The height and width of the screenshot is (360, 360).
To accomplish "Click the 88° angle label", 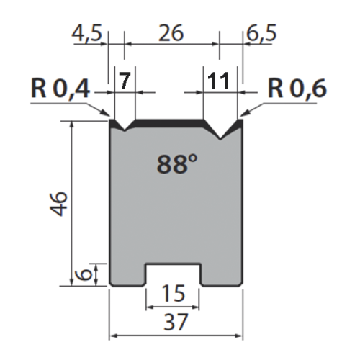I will coord(176,164).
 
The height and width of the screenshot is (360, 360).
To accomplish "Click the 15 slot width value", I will coord(174,294).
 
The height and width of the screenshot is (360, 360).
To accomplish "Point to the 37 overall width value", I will coord(176,323).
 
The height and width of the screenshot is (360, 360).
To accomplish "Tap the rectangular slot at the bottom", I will coord(174,276).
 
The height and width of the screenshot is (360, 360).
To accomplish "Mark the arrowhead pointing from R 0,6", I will coord(244,114).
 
